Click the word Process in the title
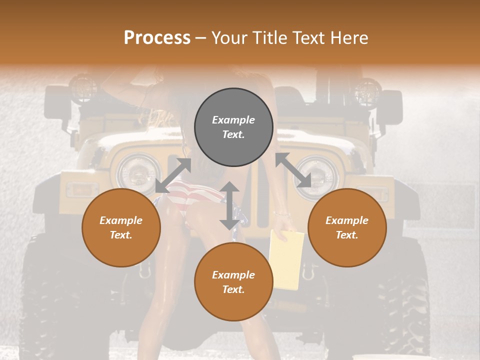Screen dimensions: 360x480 coord(157,38)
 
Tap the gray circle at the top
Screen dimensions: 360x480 coord(233,127)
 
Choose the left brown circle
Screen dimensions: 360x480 coord(121,227)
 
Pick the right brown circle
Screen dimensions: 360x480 coord(347,227)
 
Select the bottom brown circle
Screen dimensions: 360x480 coord(233,282)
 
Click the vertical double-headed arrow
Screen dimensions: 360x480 coord(229,205)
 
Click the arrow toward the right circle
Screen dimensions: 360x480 coord(293,170)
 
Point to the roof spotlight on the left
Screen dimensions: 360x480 coord(82,88)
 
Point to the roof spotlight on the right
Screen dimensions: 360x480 coord(368,91)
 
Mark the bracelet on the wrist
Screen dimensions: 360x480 coord(281,213)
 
